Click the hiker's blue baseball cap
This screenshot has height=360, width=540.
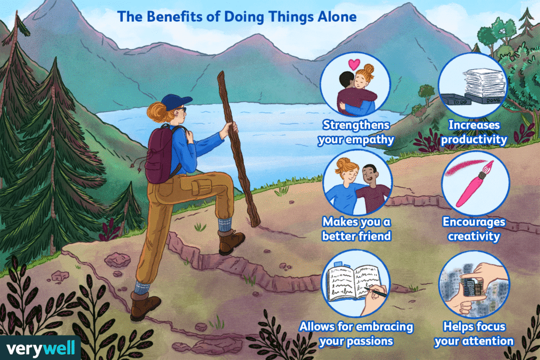[x=175, y=101]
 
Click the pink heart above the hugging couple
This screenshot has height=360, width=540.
[x=355, y=64]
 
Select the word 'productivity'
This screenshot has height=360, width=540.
[x=475, y=140]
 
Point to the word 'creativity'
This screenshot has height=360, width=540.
[x=474, y=236]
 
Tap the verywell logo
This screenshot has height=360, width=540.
[x=40, y=347]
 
